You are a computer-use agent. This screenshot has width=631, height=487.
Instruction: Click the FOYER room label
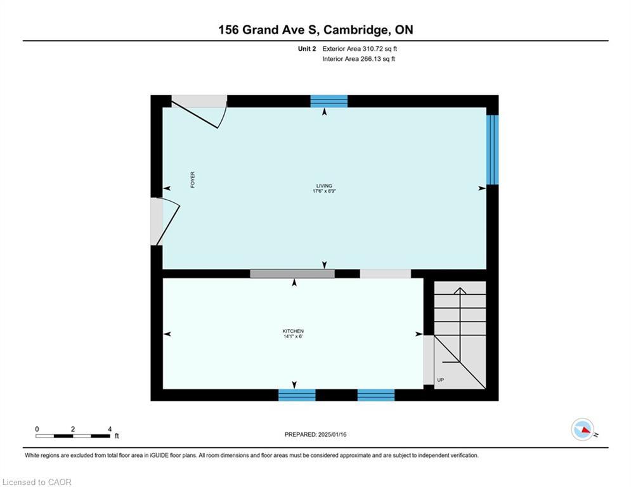pyautogui.click(x=193, y=179)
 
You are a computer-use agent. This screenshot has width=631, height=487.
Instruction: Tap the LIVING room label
pyautogui.click(x=324, y=186)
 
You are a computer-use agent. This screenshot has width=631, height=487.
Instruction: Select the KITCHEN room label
pyautogui.click(x=293, y=331)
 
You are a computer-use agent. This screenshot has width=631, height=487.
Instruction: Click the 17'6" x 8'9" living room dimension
pyautogui.click(x=324, y=191)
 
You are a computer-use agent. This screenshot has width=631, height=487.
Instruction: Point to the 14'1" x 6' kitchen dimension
pyautogui.click(x=293, y=337)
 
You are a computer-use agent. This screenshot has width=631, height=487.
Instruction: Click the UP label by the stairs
pyautogui.click(x=441, y=380)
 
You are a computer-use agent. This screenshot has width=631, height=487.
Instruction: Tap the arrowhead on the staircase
pyautogui.click(x=460, y=290)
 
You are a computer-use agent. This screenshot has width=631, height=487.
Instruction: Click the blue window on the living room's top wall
pyautogui.click(x=329, y=101)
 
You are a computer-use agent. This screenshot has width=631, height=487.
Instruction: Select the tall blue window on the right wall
pyautogui.click(x=493, y=150)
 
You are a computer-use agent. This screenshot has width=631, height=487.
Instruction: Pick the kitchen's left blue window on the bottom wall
pyautogui.click(x=297, y=395)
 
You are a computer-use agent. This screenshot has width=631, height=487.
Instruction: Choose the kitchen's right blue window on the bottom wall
pyautogui.click(x=376, y=395)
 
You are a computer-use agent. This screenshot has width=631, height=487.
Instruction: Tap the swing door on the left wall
pyautogui.click(x=165, y=221)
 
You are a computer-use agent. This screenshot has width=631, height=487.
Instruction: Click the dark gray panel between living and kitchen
pyautogui.click(x=292, y=274)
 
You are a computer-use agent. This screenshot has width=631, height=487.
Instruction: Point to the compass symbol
pyautogui.click(x=583, y=429)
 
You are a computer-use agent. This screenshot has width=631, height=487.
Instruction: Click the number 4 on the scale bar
pyautogui.click(x=110, y=429)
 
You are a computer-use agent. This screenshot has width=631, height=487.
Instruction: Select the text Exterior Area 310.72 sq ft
pyautogui.click(x=360, y=49)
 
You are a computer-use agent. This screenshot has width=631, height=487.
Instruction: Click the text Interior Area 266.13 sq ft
pyautogui.click(x=358, y=59)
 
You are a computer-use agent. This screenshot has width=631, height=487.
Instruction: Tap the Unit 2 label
pyautogui.click(x=307, y=49)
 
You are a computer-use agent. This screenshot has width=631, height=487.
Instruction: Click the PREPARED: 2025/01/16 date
pyautogui.click(x=316, y=434)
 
